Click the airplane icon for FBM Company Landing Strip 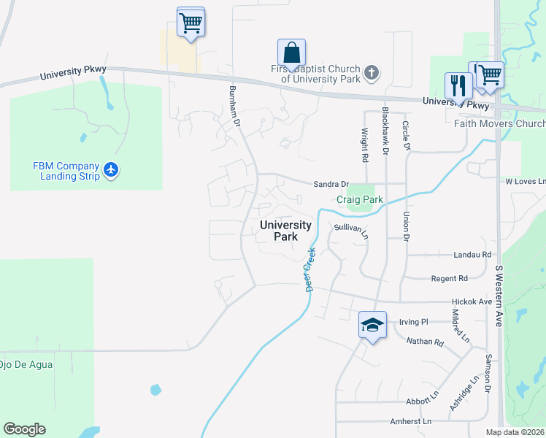pos(111,170)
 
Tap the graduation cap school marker pos(372,325)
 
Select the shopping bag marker pos(291,53)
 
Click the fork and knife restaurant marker pos(458,85)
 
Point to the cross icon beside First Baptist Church pos(372,72)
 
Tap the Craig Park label pos(360,199)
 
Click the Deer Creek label pos(309,269)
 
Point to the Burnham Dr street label pos(234,106)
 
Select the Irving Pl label pos(413,321)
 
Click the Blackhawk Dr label pos(385,132)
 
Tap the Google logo pos(24,429)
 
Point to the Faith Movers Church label pos(499,123)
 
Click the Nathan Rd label pos(425,341)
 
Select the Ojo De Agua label pos(26,364)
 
